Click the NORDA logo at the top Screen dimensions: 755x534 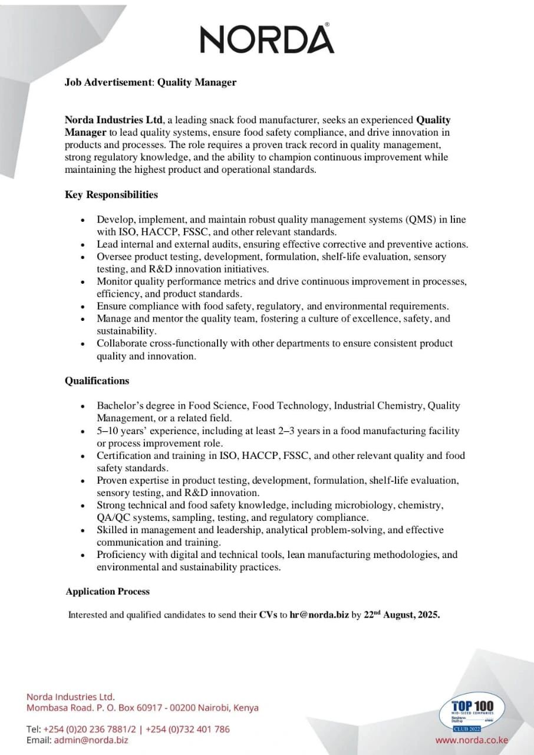(x=267, y=40)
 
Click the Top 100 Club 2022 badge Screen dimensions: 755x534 (x=472, y=712)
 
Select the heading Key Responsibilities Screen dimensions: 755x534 (x=111, y=194)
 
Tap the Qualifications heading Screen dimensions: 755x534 (x=97, y=380)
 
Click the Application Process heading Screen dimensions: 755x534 (x=108, y=591)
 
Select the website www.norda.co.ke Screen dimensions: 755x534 (x=472, y=740)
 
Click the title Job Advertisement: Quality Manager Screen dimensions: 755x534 (x=150, y=82)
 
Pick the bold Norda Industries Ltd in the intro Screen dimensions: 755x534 (x=114, y=120)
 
